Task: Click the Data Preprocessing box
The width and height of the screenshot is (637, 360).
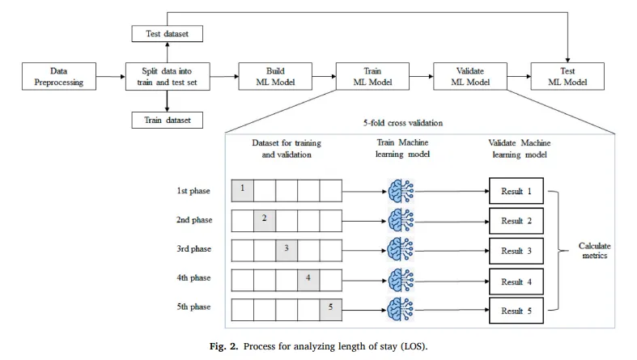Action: click(x=59, y=76)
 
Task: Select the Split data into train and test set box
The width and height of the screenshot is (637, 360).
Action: click(x=166, y=76)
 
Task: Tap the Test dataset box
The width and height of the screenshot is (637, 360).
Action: click(x=166, y=34)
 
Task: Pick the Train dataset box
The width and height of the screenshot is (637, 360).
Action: click(x=166, y=120)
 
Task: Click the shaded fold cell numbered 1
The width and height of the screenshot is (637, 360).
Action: click(x=243, y=190)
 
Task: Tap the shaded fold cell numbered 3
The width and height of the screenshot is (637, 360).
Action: click(x=287, y=248)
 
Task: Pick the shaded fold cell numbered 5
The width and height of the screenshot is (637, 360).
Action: click(x=330, y=307)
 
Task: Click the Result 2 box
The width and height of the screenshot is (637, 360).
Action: click(x=516, y=220)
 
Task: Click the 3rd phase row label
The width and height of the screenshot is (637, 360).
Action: click(x=194, y=248)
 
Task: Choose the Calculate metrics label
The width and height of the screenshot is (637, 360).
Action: click(x=596, y=251)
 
